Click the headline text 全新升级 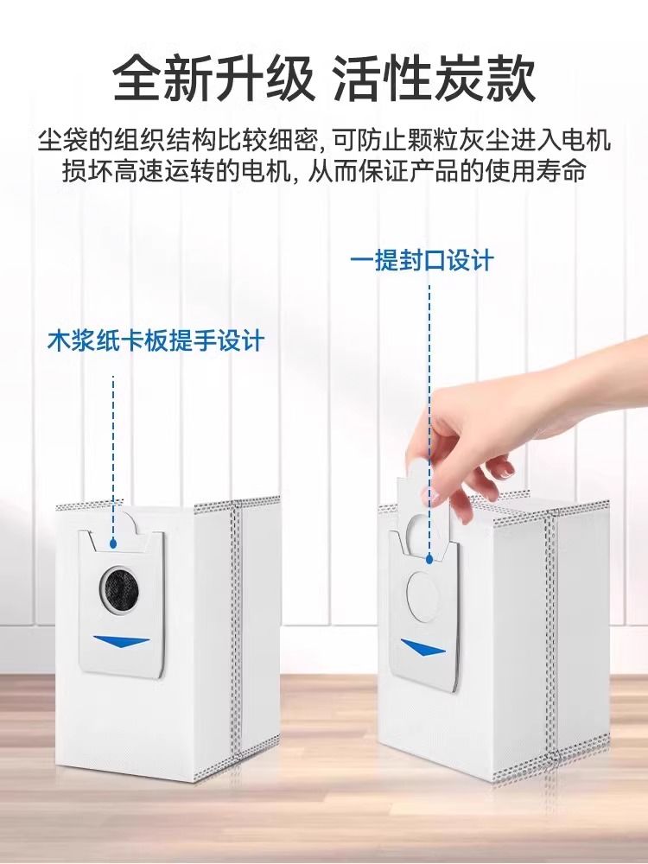213,79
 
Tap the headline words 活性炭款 435,79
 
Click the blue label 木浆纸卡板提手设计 156,341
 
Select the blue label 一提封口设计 422,260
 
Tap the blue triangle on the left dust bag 122,641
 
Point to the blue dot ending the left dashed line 113,543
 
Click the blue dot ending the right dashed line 429,559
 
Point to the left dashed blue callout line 113,457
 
